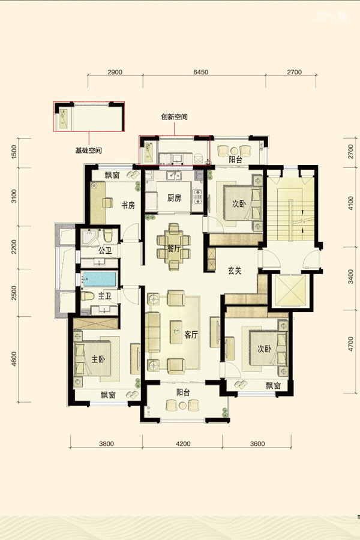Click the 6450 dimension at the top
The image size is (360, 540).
pyautogui.click(x=201, y=72)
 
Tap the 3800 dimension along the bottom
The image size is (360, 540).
pyautogui.click(x=106, y=443)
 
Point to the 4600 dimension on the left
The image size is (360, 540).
pyautogui.click(x=14, y=359)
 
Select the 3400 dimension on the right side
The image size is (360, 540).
pyautogui.click(x=350, y=277)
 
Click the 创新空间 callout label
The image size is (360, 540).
pyautogui.click(x=175, y=117)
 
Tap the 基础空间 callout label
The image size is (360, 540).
pyautogui.click(x=89, y=151)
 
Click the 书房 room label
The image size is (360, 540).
pyautogui.click(x=128, y=206)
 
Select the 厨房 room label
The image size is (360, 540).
pyautogui.click(x=175, y=197)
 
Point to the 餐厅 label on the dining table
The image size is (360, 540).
pyautogui.click(x=174, y=248)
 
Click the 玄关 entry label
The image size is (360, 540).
pyautogui.click(x=235, y=271)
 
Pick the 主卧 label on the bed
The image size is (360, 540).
pyautogui.click(x=98, y=359)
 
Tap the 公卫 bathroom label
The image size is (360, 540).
pyautogui.click(x=105, y=250)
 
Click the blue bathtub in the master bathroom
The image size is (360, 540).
pyautogui.click(x=99, y=279)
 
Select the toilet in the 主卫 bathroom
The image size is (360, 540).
pyautogui.click(x=88, y=296)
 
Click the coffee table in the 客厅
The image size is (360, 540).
pyautogui.click(x=176, y=332)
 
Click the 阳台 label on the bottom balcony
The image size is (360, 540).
pyautogui.click(x=183, y=392)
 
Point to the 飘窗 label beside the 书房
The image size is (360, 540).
pyautogui.click(x=112, y=175)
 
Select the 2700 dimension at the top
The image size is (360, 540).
pyautogui.click(x=294, y=72)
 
